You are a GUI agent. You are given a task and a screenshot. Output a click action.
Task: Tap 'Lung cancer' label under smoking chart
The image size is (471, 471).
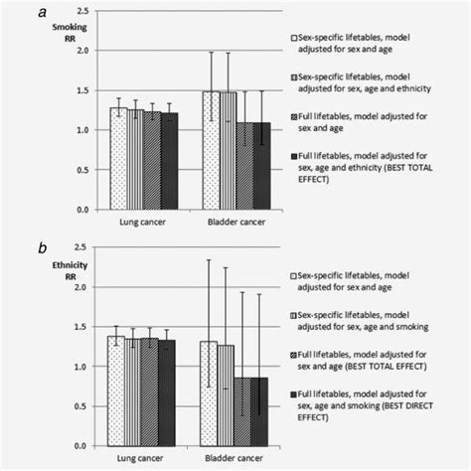[x=139, y=223]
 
